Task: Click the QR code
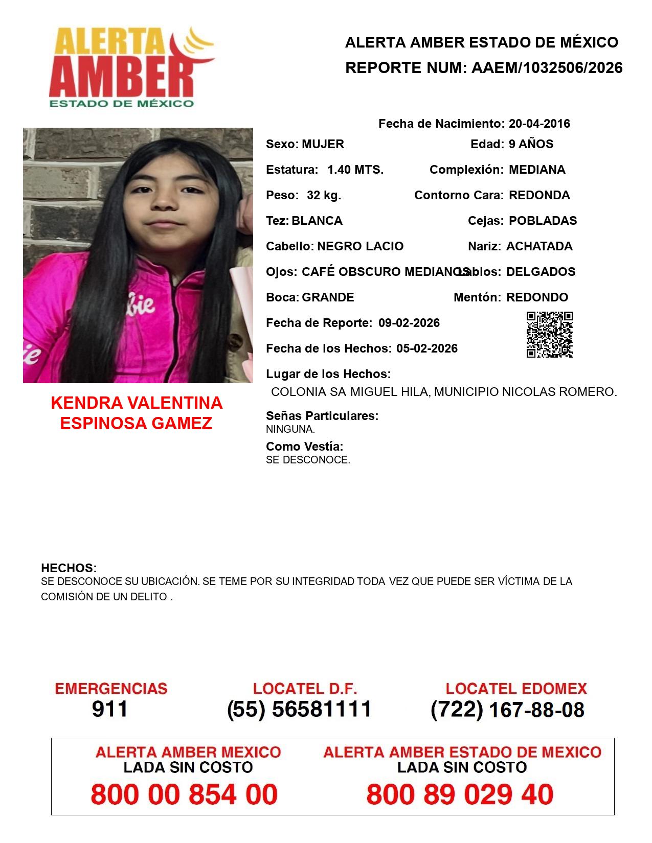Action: click(550, 335)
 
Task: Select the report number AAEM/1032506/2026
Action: click(547, 68)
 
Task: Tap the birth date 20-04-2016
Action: click(539, 124)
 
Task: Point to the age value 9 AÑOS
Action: click(531, 144)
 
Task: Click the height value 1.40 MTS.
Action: click(355, 170)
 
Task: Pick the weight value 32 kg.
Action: click(324, 195)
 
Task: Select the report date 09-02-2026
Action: click(409, 323)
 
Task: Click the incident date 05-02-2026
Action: click(427, 348)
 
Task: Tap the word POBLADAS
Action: click(543, 221)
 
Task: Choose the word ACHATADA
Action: click(539, 246)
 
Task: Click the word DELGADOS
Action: click(541, 272)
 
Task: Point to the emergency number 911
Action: click(110, 709)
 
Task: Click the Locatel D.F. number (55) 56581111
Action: click(300, 709)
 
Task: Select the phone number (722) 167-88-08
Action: click(507, 710)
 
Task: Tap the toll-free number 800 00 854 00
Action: click(184, 794)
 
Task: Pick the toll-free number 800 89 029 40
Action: click(460, 794)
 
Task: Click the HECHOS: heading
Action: click(69, 568)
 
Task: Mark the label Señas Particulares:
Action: click(322, 416)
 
